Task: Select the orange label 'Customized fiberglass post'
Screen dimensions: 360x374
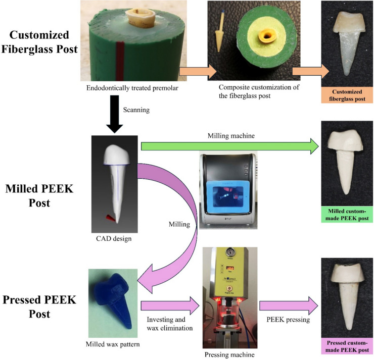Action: click(x=347, y=95)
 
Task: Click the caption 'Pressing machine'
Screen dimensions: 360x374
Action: click(x=229, y=354)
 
